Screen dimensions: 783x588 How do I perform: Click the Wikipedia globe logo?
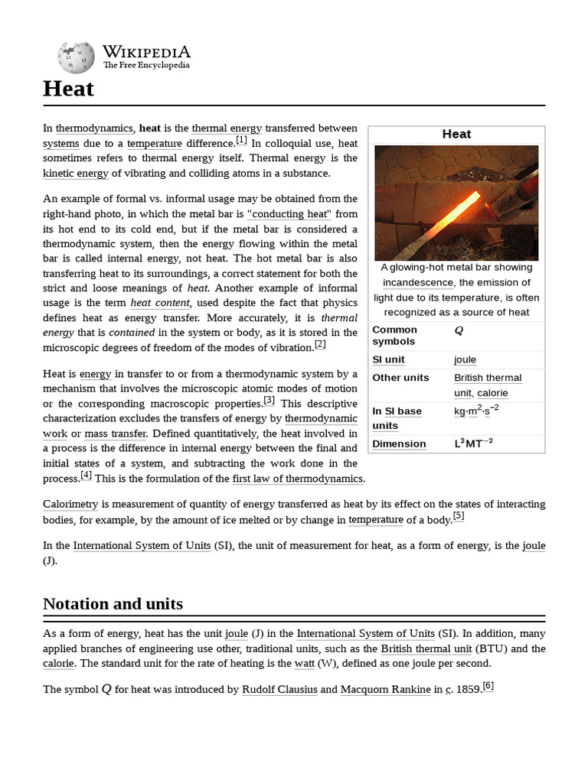coord(76,57)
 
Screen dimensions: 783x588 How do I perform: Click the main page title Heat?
coord(68,89)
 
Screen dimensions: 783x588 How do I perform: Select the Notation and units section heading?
coord(113,604)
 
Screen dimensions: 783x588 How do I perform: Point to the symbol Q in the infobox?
coord(459,330)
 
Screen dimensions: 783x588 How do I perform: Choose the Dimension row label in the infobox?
coord(399,444)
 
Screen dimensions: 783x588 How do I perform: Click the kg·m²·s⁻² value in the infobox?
coord(476,411)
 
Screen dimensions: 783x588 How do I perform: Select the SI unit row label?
coord(388,359)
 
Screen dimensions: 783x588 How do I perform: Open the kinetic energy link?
coord(76,173)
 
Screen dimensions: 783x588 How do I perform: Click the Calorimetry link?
coord(70,505)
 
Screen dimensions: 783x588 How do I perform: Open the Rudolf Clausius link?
coord(279,689)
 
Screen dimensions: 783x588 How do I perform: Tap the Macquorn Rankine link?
coord(385,689)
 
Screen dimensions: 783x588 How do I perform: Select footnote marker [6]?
coord(488,686)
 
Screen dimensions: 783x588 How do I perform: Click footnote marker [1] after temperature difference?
coord(241,140)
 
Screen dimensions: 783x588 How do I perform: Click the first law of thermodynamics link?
coord(297,479)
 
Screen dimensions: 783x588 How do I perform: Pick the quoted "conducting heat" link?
coord(291,214)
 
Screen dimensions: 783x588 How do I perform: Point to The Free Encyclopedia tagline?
coord(146,66)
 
